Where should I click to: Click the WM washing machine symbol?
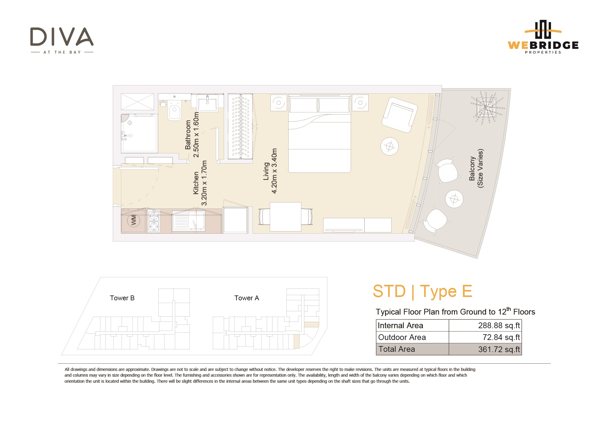pos(134,220)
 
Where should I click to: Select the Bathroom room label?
pos(188,135)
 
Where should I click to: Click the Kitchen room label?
pos(196,183)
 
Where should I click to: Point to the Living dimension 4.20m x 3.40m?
pos(274,171)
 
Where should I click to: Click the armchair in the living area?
pos(400,115)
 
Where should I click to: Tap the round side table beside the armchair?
pos(390,146)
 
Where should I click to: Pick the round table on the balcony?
pos(454,199)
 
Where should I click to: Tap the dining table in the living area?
pos(286,217)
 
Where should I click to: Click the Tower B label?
pos(122,298)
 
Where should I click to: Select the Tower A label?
pos(247,298)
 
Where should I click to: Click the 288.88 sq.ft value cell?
pos(485,325)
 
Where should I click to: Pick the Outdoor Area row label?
pos(402,337)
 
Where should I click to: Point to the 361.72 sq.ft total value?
pos(499,349)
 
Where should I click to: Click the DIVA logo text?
pos(62,37)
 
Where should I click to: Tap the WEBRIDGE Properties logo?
pos(543,37)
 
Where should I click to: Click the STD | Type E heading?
pos(422,291)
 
